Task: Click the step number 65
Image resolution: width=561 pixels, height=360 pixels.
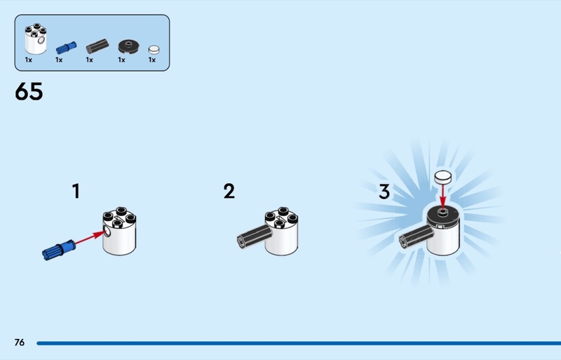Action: (x=29, y=91)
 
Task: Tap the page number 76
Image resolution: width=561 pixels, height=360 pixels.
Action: (x=20, y=342)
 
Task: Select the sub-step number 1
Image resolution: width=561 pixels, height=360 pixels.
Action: (x=76, y=191)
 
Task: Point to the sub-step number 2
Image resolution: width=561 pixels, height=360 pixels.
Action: (x=229, y=191)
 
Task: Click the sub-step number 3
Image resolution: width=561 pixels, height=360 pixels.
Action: (x=384, y=192)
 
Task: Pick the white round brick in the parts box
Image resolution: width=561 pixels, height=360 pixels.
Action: (x=36, y=39)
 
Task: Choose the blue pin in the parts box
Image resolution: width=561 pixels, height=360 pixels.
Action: (x=66, y=48)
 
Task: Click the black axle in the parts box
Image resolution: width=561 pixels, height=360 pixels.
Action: (x=97, y=46)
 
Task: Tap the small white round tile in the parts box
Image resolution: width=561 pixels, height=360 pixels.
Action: (x=154, y=49)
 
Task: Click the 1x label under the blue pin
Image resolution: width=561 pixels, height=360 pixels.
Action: (x=59, y=60)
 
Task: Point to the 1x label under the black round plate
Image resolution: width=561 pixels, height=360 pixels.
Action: (x=121, y=60)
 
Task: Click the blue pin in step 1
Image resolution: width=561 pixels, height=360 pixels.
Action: (x=59, y=250)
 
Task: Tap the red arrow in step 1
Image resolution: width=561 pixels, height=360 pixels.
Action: (x=90, y=238)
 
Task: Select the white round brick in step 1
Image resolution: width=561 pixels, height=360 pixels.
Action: (x=119, y=231)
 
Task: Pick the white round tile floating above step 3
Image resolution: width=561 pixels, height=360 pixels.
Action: (x=443, y=177)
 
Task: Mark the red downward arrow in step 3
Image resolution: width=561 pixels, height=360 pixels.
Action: (x=443, y=196)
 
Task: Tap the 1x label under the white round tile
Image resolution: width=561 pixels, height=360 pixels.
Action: (x=152, y=60)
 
